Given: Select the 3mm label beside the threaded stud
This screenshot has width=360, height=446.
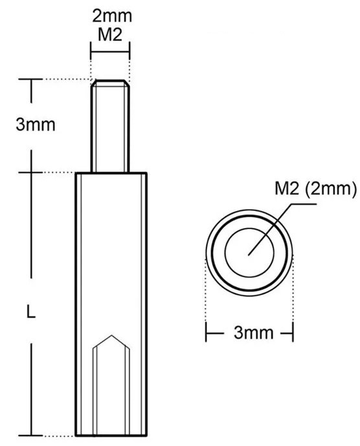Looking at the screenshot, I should click(35, 124).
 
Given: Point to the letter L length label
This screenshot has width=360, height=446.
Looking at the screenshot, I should click(30, 312).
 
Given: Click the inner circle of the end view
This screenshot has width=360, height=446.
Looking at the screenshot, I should click(249, 250).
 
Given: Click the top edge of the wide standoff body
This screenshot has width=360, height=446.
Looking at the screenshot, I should click(111, 173).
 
